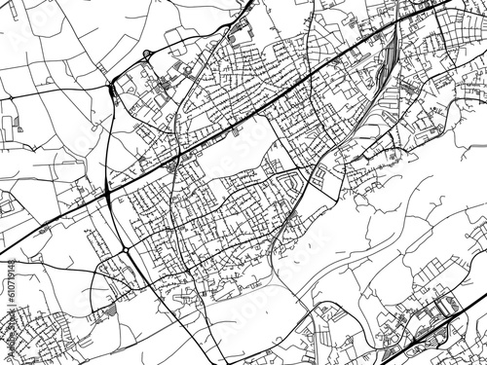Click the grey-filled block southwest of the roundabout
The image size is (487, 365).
(x=108, y=309)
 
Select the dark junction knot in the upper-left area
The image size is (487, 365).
(x=114, y=86)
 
